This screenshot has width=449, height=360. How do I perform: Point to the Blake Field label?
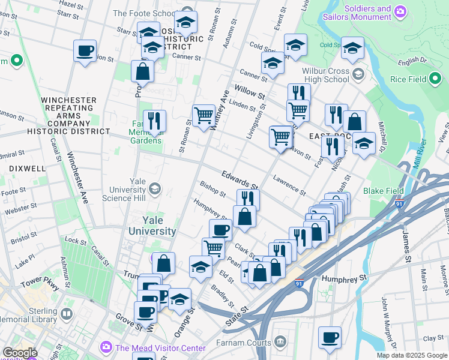pyautogui.click(x=383, y=191)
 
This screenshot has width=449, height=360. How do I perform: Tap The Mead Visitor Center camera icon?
pyautogui.click(x=106, y=347)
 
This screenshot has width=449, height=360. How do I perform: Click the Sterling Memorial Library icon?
pyautogui.click(x=67, y=314)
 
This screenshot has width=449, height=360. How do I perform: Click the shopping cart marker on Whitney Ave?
pyautogui.click(x=203, y=115)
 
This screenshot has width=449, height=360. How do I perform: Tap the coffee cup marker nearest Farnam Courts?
pyautogui.click(x=329, y=337)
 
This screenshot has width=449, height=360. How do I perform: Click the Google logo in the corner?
pyautogui.click(x=20, y=353)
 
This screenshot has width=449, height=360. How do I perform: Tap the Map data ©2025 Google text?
pyautogui.click(x=411, y=355)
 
